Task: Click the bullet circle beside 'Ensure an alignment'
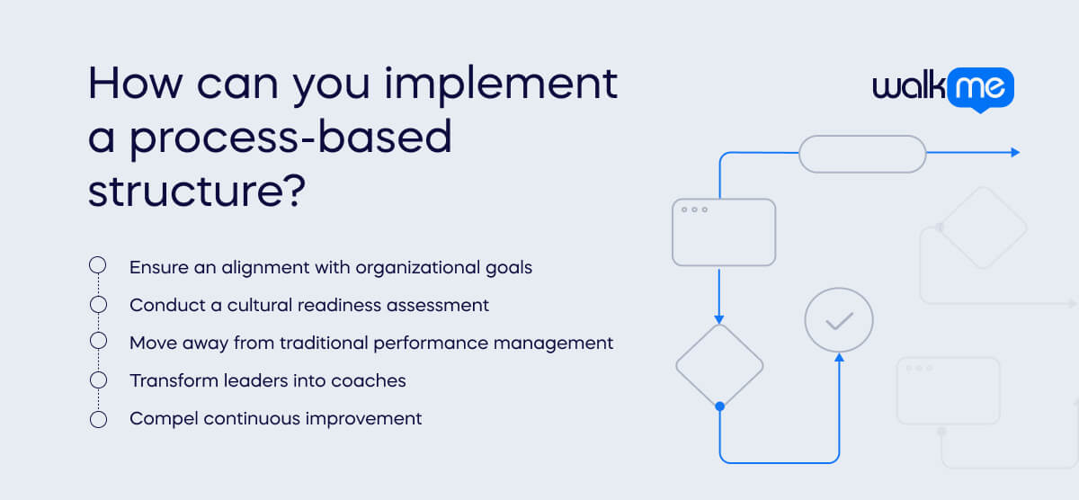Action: click(x=98, y=266)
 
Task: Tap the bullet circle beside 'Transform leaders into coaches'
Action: click(x=98, y=380)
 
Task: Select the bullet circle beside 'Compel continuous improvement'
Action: click(x=98, y=418)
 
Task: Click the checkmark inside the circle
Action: click(x=839, y=320)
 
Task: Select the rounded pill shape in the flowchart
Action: click(x=862, y=153)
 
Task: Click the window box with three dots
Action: click(x=724, y=232)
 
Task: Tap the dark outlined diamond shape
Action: click(x=719, y=365)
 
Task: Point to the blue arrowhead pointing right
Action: click(x=1015, y=153)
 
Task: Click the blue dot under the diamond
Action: click(x=719, y=407)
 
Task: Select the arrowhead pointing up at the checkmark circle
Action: click(x=839, y=358)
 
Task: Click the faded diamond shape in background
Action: click(x=984, y=228)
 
